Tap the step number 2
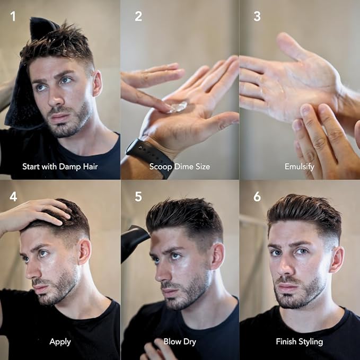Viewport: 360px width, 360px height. click(138, 16)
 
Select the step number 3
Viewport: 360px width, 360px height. click(257, 16)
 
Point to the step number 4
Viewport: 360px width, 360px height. click(13, 197)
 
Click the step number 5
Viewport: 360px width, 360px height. click(138, 197)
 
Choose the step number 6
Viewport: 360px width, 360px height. click(257, 197)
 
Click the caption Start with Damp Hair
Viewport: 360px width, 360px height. click(60, 166)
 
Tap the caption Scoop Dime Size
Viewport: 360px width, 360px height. click(180, 166)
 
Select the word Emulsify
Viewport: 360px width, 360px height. click(300, 166)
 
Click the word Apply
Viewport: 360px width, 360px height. click(60, 341)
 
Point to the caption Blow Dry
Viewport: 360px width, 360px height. click(180, 341)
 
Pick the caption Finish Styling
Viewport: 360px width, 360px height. click(300, 341)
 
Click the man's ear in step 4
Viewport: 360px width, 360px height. click(83, 251)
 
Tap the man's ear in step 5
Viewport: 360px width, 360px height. click(216, 256)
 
